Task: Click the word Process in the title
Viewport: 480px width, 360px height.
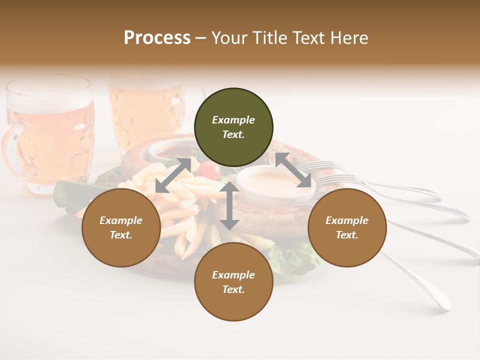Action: point(157,38)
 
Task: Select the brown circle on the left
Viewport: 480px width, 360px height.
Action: point(121,227)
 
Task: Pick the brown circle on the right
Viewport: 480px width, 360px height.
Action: point(347,227)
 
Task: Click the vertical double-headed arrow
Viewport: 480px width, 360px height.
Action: point(229,206)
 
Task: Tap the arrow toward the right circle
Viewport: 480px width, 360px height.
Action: point(293,170)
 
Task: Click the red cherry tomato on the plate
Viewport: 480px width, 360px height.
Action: point(212,171)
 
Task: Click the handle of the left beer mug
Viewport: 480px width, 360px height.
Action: point(11,150)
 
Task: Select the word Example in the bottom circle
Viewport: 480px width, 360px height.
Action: point(233,275)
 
